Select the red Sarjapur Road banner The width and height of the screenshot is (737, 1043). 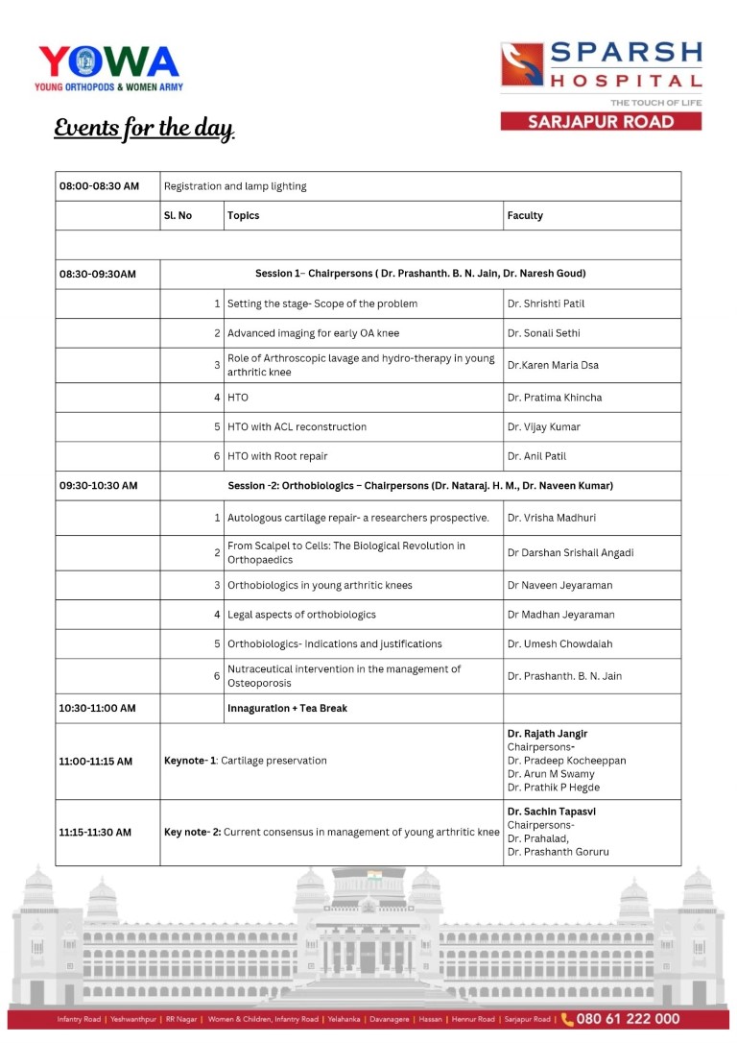[601, 122]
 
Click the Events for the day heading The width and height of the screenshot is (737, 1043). [144, 129]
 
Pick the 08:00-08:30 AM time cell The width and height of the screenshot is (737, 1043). [99, 186]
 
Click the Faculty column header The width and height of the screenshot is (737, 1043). [525, 216]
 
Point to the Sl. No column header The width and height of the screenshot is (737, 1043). [178, 216]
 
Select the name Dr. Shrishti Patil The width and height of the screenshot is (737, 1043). [546, 304]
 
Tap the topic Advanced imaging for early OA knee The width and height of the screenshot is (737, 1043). [313, 333]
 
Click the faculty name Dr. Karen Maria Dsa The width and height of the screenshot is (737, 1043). [552, 366]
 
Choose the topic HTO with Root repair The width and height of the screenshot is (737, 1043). [277, 457]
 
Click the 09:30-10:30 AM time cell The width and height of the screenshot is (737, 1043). [98, 486]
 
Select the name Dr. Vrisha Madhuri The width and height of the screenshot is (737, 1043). [552, 519]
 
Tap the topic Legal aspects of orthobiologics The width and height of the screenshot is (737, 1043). [301, 615]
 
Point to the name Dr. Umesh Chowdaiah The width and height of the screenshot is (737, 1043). [559, 644]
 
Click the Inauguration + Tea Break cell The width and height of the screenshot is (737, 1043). [287, 709]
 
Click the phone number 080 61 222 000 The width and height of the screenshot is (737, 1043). [629, 1019]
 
